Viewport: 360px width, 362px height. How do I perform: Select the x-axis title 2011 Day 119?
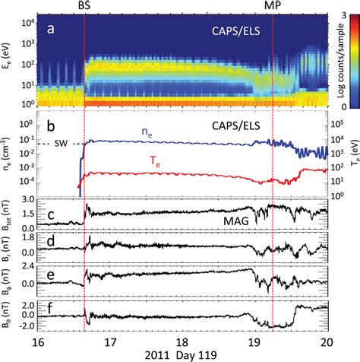(x=183, y=354)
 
